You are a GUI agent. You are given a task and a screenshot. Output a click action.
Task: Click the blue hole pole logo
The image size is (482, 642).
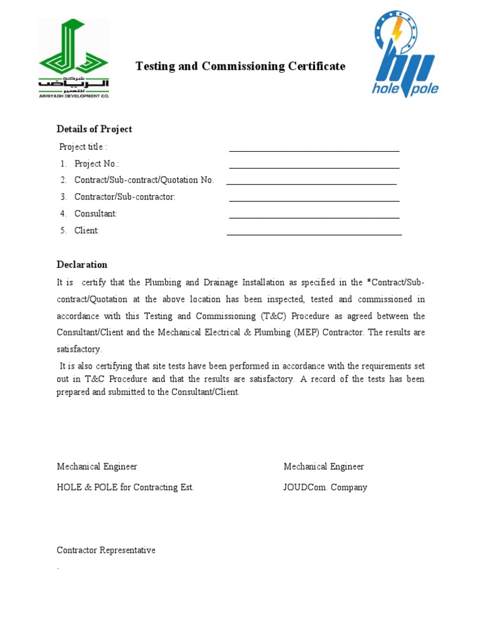pos(405,55)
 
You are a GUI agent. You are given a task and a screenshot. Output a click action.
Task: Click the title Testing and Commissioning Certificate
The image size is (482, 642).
pos(240,66)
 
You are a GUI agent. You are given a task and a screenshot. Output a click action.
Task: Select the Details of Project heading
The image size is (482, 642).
pos(94,129)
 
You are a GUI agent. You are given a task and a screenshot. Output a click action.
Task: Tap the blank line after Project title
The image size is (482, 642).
pos(314,149)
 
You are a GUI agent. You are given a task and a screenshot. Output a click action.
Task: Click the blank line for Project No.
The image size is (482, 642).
pos(314,166)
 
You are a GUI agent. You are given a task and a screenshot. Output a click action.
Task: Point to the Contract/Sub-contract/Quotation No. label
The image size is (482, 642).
pos(144,180)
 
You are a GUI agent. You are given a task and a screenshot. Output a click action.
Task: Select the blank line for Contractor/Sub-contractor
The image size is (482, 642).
pos(314,199)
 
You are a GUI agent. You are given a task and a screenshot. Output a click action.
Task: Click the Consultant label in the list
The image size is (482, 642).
pos(95,214)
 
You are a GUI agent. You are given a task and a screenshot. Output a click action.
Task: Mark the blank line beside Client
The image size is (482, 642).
pos(314,233)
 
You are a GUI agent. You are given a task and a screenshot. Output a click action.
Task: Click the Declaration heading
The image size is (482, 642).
pos(82,265)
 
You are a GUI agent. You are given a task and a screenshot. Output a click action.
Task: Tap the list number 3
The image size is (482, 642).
pos(63,197)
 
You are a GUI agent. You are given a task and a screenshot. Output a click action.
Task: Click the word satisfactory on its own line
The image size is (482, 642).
pos(79,349)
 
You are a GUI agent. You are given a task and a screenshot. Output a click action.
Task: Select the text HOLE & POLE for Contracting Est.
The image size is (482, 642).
pos(125,487)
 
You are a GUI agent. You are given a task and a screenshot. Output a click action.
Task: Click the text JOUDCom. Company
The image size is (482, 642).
pos(325,487)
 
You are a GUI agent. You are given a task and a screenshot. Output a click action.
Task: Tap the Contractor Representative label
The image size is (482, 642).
pos(106,550)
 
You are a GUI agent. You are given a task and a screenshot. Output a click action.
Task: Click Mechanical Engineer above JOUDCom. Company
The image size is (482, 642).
pos(323,466)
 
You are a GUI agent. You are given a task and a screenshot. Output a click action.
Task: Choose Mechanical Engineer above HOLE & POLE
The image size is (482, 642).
pos(97,466)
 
